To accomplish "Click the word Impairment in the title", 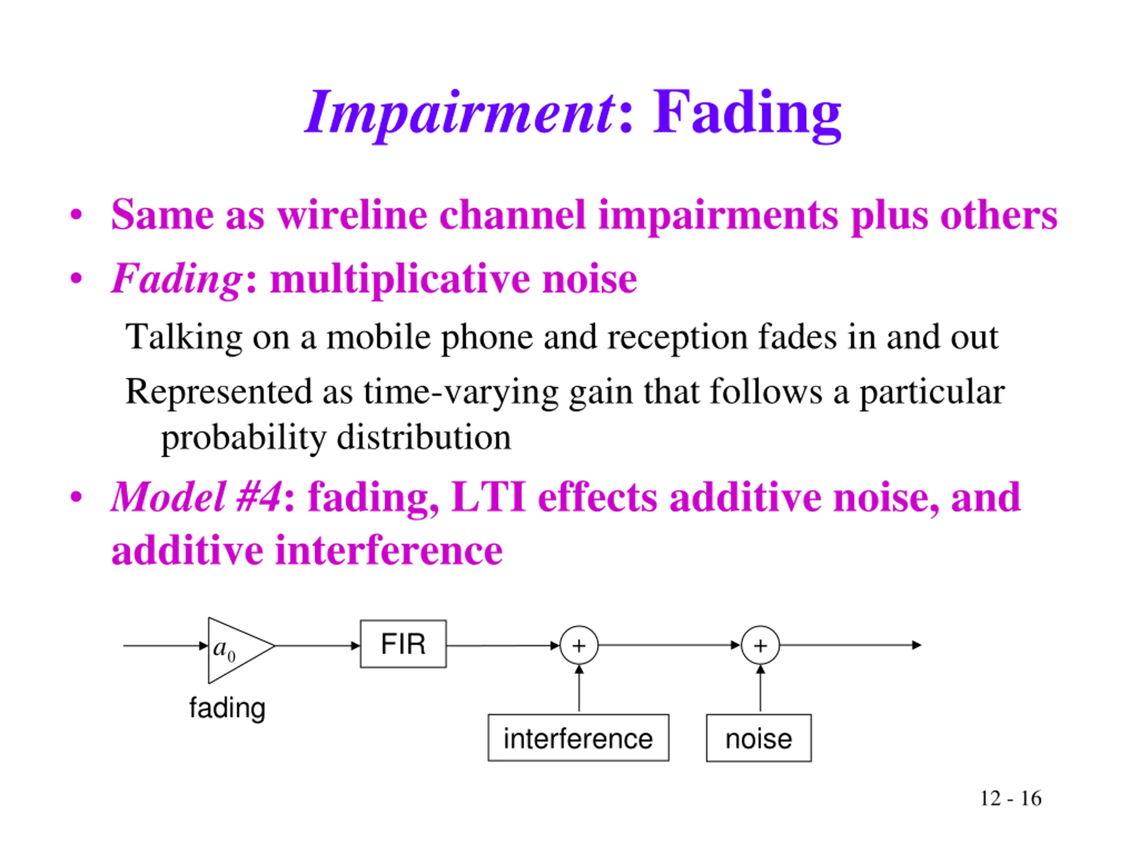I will point(460,112).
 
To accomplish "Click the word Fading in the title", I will point(747,112).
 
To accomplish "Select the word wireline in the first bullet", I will point(352,215).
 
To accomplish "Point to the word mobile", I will point(379,338).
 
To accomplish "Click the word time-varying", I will point(461,392).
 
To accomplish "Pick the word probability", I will point(243,438).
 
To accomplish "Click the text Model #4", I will point(196,497).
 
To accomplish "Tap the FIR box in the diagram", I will point(403,644).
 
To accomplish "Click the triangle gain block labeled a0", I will point(234,650).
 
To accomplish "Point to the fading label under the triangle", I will point(227,708).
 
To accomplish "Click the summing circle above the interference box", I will point(579,645).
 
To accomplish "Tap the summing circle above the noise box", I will point(760,645).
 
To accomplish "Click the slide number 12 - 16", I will point(1010,798).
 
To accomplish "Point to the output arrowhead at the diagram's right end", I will point(916,645).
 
